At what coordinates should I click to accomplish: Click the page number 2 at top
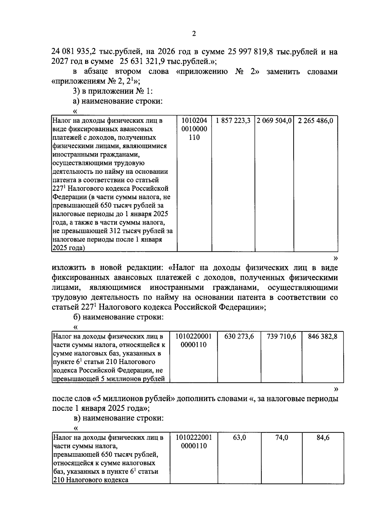[x=194, y=33]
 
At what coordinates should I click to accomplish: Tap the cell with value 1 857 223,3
[x=233, y=121]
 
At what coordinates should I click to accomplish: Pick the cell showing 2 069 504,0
[x=274, y=121]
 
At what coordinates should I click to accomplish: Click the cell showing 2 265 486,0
[x=315, y=121]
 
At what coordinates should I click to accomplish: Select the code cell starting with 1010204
[x=194, y=129]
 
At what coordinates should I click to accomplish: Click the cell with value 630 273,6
[x=239, y=336]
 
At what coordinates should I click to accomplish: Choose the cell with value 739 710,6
[x=281, y=336]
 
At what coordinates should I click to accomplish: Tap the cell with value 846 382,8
[x=322, y=336]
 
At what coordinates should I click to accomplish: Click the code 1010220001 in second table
[x=193, y=336]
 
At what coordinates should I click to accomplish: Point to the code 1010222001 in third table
[x=193, y=438]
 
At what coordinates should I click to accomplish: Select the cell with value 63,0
[x=239, y=438]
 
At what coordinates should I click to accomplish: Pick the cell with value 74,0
[x=282, y=438]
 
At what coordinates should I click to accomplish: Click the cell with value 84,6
[x=323, y=438]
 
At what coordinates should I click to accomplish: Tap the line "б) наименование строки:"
[x=119, y=317]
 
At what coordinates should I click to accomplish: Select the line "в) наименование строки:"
[x=119, y=418]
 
